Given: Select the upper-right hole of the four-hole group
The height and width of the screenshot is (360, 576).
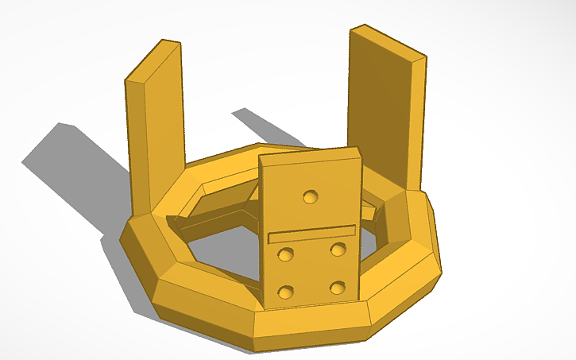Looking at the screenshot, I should coord(338,250).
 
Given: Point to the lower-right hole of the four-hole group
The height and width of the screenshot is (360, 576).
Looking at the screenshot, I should coord(338,286).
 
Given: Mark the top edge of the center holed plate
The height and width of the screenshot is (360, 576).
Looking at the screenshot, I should coord(310,153).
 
